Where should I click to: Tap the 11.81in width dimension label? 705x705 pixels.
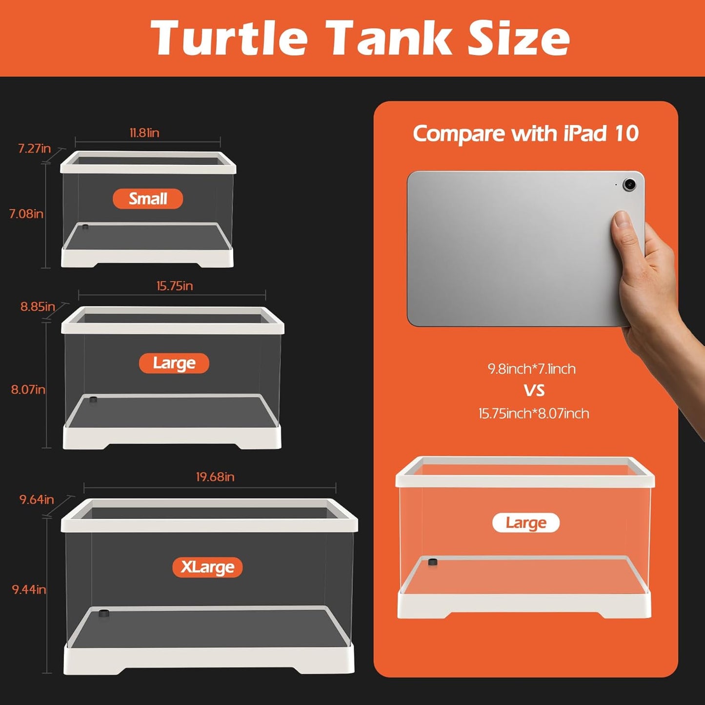(144, 133)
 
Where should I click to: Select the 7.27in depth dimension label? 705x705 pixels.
(34, 148)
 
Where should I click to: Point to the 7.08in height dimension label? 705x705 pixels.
(26, 214)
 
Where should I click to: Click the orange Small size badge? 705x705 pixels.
(148, 199)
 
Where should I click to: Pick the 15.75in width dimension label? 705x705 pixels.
(175, 286)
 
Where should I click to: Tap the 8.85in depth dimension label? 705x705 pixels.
(38, 306)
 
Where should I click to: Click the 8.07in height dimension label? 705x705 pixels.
(28, 389)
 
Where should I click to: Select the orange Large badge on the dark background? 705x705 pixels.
(174, 363)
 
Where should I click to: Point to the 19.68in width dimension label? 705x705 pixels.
(215, 477)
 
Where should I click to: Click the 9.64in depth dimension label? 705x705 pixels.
(37, 499)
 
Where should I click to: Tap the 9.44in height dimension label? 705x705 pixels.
(29, 589)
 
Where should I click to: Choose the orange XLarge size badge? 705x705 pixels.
(207, 567)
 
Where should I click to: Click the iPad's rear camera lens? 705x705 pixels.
(629, 184)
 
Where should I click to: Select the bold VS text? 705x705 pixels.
(534, 390)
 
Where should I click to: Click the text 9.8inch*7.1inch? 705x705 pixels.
(532, 369)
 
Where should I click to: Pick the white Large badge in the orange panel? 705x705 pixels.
(526, 523)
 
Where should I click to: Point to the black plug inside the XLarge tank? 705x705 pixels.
(103, 613)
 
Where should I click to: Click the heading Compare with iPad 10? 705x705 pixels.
(525, 133)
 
